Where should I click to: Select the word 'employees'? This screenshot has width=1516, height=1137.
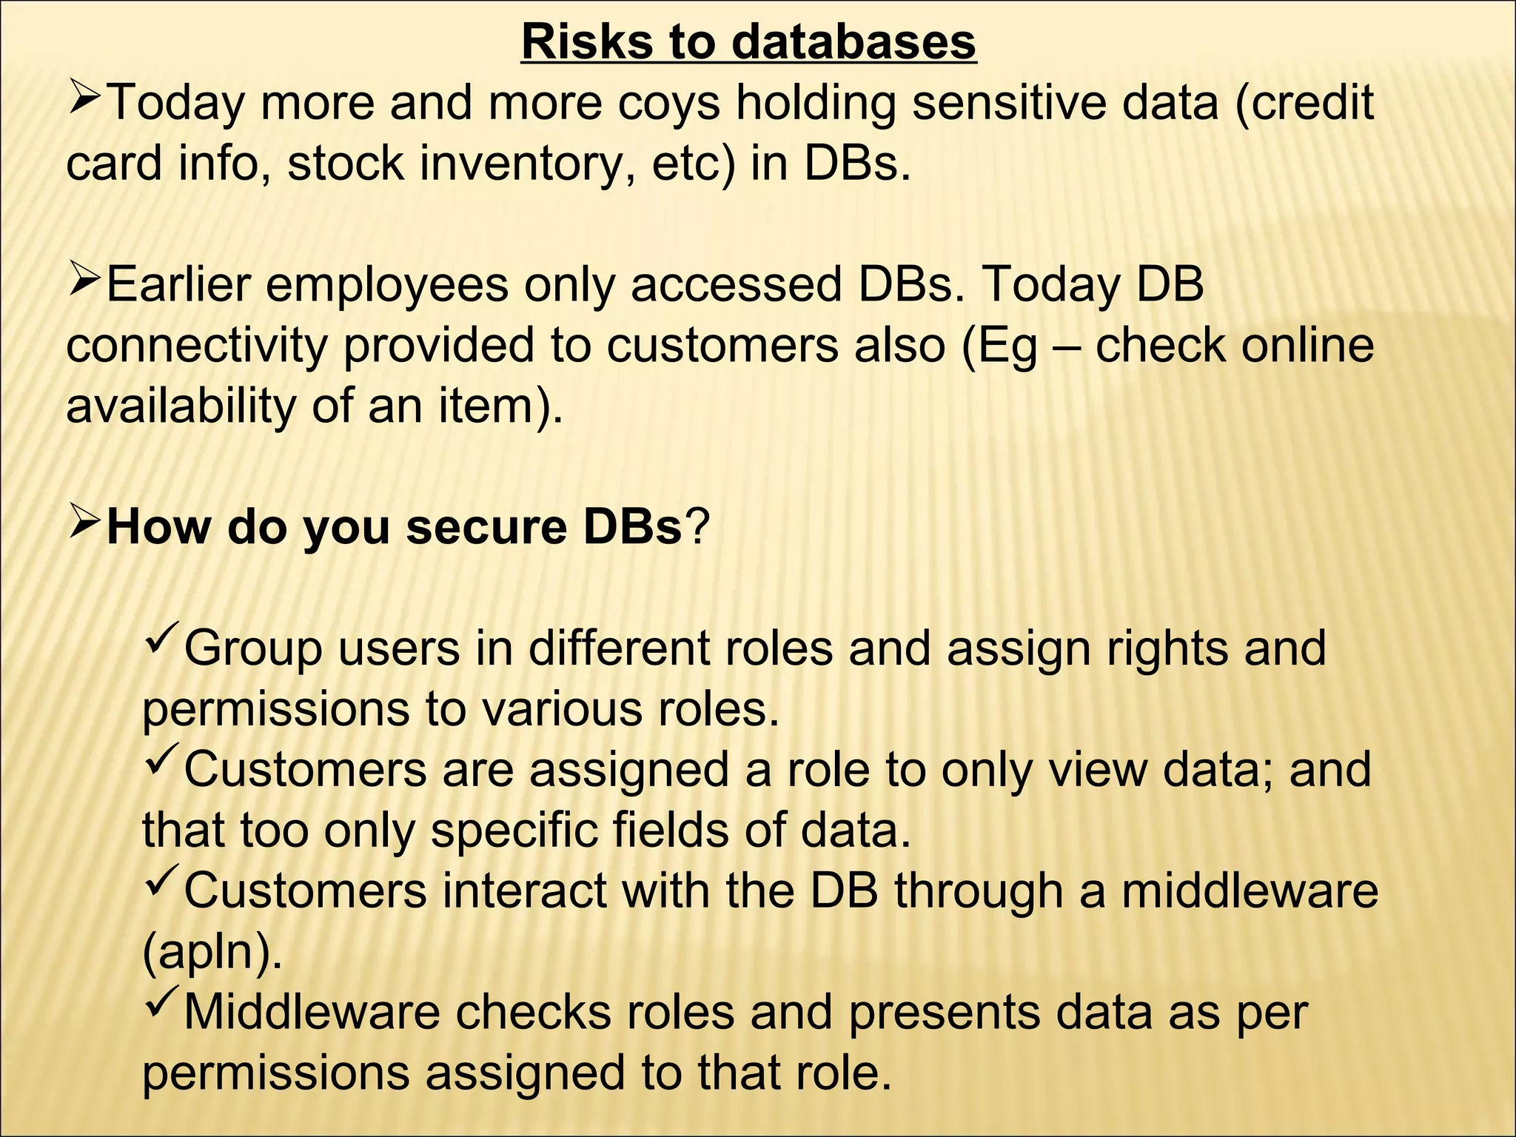coord(387,286)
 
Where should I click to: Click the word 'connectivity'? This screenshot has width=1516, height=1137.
coord(196,346)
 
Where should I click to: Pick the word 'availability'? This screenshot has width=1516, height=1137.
coord(181,406)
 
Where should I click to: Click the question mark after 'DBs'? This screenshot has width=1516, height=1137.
coord(696,528)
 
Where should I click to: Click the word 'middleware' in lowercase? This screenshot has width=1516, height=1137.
coord(1250,891)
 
